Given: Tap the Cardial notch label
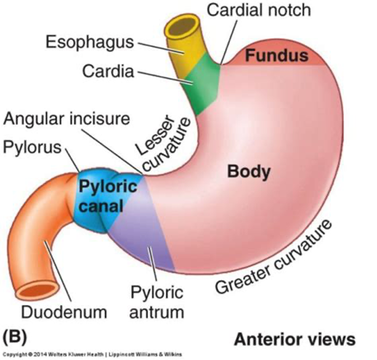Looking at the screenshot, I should click(x=259, y=10).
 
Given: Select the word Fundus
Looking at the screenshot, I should click(x=276, y=57).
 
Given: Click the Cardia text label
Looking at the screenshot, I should click(x=108, y=72).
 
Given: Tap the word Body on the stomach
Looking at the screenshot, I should click(x=248, y=171).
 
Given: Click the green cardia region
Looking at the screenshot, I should click(x=201, y=86).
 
